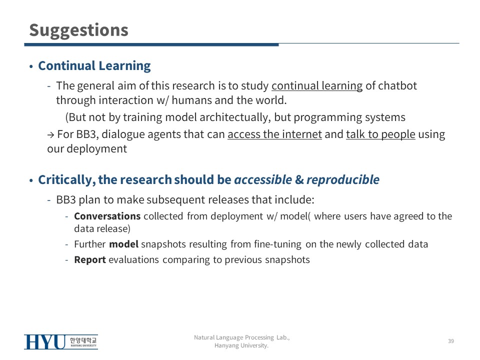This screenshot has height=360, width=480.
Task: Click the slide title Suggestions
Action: pyautogui.click(x=78, y=31)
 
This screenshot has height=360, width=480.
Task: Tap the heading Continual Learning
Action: pyautogui.click(x=94, y=66)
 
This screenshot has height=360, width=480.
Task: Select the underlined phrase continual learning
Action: pyautogui.click(x=317, y=86)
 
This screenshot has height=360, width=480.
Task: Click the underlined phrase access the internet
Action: pyautogui.click(x=274, y=134)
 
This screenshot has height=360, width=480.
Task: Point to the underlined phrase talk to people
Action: pyautogui.click(x=380, y=134)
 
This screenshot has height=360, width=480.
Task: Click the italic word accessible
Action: pyautogui.click(x=263, y=179)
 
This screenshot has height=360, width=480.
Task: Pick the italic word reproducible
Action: pyautogui.click(x=343, y=180)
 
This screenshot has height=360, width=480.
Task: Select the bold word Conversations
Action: pyautogui.click(x=107, y=216)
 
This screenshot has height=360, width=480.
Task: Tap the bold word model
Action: pyautogui.click(x=123, y=244)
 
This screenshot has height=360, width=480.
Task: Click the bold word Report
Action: pyautogui.click(x=90, y=260)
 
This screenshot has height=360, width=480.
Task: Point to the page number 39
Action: pyautogui.click(x=451, y=341)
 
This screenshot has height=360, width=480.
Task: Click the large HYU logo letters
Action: pyautogui.click(x=45, y=342)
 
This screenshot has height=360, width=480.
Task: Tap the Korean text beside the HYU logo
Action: pyautogui.click(x=83, y=340)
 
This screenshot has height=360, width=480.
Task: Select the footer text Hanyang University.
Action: pyautogui.click(x=241, y=345)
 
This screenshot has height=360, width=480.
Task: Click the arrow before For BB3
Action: pyautogui.click(x=51, y=134)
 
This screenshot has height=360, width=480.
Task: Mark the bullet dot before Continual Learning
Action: pyautogui.click(x=31, y=66)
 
